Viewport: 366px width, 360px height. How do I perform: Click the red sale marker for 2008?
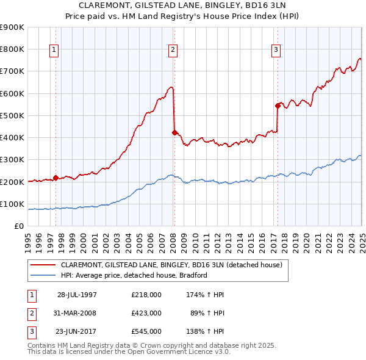coord(174,132)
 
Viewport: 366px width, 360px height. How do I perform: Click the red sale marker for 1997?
coord(56,178)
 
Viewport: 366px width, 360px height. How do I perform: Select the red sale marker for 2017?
coord(278,106)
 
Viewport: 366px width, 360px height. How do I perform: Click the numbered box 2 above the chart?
coord(173,50)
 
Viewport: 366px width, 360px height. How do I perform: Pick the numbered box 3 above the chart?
coord(276,50)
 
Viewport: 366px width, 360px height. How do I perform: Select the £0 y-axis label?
coord(18,226)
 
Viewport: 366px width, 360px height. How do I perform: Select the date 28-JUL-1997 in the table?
coord(77,295)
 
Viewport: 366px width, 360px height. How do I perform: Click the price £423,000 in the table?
coord(146,313)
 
